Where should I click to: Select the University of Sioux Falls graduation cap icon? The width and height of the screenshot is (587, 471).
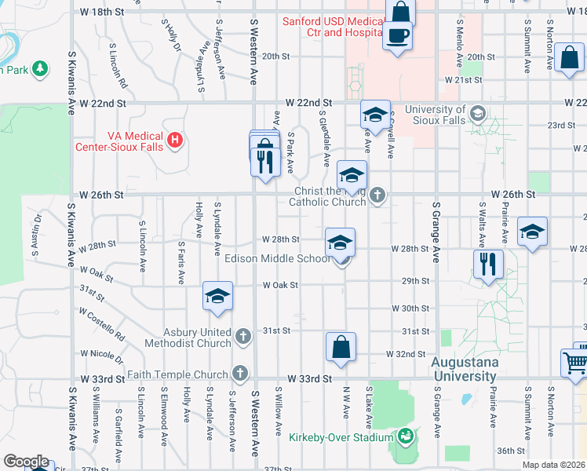(476, 115)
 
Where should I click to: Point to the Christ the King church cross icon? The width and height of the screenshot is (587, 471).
(377, 195)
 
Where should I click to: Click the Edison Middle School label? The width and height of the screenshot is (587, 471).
(277, 258)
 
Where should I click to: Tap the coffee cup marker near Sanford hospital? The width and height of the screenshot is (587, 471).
(398, 35)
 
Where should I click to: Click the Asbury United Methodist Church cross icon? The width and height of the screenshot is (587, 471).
(242, 338)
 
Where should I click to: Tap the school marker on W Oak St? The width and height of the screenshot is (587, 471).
(217, 296)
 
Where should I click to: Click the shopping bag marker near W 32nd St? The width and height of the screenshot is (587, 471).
(341, 346)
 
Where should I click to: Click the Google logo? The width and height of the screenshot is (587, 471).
(25, 462)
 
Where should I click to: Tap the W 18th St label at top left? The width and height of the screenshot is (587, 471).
(102, 13)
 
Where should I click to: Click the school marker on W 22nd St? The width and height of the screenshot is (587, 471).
(375, 115)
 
